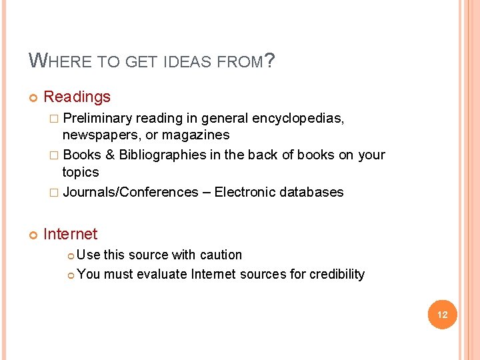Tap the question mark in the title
[270, 61]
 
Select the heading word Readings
[77, 97]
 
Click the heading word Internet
[70, 234]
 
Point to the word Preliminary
[97, 119]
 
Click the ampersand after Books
[110, 155]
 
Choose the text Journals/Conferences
[130, 193]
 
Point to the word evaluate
[162, 274]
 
